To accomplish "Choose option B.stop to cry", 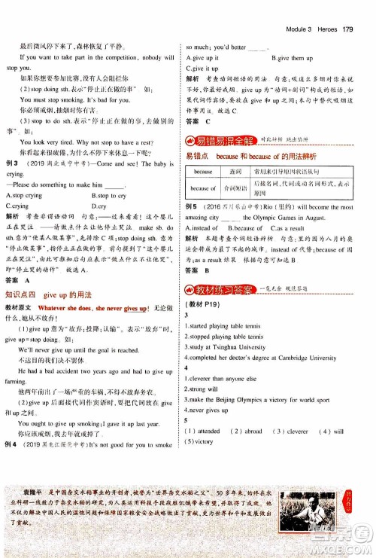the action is coord(111,195).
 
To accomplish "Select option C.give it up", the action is coord(202,68).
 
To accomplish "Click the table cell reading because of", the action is coord(202,188).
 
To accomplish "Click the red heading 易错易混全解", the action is coord(228,140).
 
